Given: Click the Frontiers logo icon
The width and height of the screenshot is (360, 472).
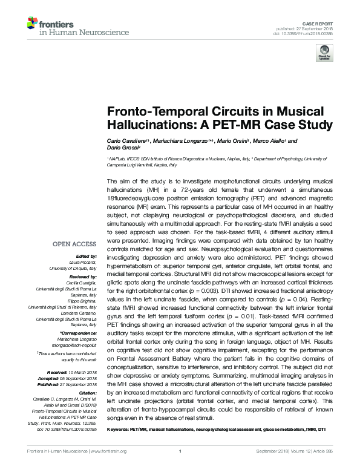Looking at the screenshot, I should point(31,24).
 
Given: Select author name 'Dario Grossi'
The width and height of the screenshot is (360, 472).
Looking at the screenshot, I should point(122,149).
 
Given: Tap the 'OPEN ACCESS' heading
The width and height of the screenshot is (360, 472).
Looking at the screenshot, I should point(74,244).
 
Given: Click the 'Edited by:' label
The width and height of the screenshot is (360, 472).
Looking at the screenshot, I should point(87,257).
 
